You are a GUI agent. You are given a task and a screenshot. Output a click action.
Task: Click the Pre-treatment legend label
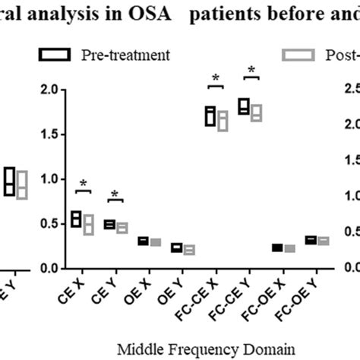coord(126,55)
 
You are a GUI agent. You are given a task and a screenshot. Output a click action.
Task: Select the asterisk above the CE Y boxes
coord(115,195)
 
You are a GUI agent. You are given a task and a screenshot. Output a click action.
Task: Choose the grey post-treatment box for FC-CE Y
coord(257,113)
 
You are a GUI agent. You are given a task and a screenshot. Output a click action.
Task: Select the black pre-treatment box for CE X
coord(75,219)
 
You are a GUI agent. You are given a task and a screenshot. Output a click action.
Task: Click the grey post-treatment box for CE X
coord(88,224)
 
